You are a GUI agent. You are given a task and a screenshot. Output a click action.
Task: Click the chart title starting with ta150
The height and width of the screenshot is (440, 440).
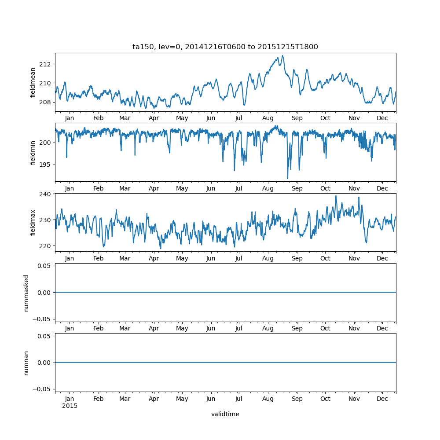225,47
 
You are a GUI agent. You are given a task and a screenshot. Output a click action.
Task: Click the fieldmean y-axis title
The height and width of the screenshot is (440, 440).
33,82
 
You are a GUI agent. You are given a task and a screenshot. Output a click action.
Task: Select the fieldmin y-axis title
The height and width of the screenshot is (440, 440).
33,152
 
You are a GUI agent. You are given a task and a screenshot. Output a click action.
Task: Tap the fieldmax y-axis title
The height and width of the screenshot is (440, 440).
33,222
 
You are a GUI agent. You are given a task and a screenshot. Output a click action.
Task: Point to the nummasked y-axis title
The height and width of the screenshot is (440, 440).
26,292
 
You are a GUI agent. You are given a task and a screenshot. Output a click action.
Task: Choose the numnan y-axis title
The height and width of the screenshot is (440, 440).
26,363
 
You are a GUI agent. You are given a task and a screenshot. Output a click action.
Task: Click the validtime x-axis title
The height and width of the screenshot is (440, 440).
225,414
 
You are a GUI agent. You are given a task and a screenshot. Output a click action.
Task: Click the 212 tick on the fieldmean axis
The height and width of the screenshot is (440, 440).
46,64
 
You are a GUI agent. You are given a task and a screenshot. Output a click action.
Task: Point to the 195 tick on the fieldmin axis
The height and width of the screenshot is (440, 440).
46,165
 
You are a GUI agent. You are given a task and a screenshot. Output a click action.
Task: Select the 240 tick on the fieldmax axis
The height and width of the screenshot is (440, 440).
46,194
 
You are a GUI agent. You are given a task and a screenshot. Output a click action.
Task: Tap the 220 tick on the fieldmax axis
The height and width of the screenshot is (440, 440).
46,246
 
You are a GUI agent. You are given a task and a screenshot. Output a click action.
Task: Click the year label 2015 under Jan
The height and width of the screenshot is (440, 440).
70,406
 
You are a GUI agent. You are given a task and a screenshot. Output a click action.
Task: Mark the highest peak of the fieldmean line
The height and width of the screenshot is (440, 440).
282,55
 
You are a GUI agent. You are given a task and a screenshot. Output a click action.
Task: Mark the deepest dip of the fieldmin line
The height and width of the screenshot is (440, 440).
288,179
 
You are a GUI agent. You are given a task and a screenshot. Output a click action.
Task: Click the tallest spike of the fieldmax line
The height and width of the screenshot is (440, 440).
336,196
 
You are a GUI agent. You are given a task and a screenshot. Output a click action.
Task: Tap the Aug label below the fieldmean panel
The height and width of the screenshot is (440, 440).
268,118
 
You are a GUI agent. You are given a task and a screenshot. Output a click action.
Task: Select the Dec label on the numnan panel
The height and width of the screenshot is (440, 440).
382,399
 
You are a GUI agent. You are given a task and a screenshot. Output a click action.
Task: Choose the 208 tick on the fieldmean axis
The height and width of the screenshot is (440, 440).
46,102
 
